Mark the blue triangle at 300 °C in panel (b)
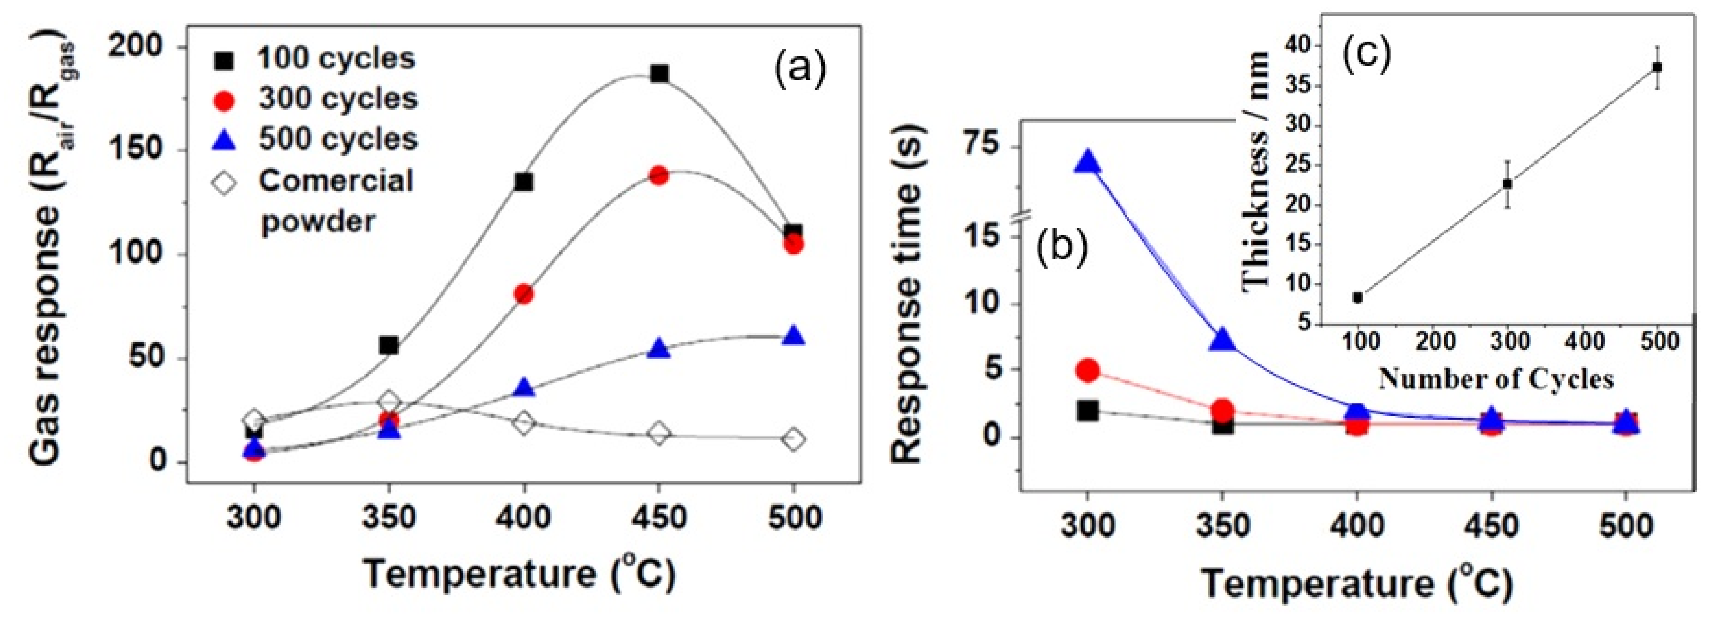pos(1087,162)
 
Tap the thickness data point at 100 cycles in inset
pos(1358,297)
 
